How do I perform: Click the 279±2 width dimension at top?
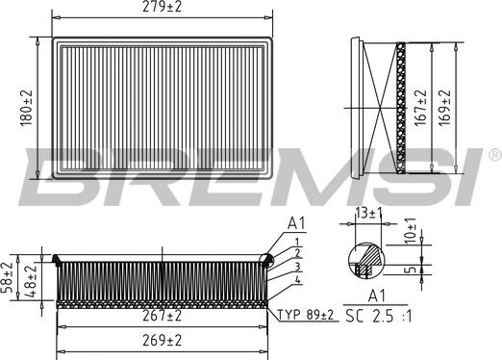(x=162, y=7)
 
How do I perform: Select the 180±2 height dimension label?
(x=27, y=108)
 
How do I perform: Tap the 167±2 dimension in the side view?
(x=420, y=108)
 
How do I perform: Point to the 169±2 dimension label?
(x=444, y=108)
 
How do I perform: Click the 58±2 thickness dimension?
(x=7, y=277)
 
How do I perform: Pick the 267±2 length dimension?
(x=163, y=316)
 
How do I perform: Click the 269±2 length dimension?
(x=163, y=341)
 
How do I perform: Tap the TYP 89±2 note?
(x=306, y=315)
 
